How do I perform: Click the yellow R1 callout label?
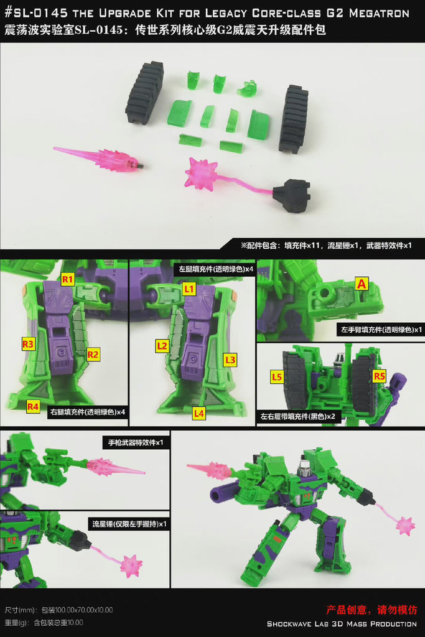pyautogui.click(x=67, y=279)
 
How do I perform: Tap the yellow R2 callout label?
pyautogui.click(x=93, y=355)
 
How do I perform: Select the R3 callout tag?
pyautogui.click(x=28, y=344)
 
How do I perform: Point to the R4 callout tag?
pyautogui.click(x=33, y=406)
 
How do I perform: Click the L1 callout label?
pyautogui.click(x=189, y=289)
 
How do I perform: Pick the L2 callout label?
pyautogui.click(x=162, y=346)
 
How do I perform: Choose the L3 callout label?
pyautogui.click(x=230, y=360)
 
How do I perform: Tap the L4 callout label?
pyautogui.click(x=198, y=413)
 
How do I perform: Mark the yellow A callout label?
pyautogui.click(x=361, y=284)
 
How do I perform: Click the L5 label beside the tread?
pyautogui.click(x=277, y=376)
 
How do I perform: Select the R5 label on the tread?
pyautogui.click(x=379, y=376)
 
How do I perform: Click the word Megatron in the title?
pyautogui.click(x=379, y=13)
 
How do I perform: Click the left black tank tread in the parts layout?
pyautogui.click(x=144, y=93)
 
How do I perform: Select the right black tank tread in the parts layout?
pyautogui.click(x=293, y=118)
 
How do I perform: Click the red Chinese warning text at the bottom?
pyautogui.click(x=371, y=610)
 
